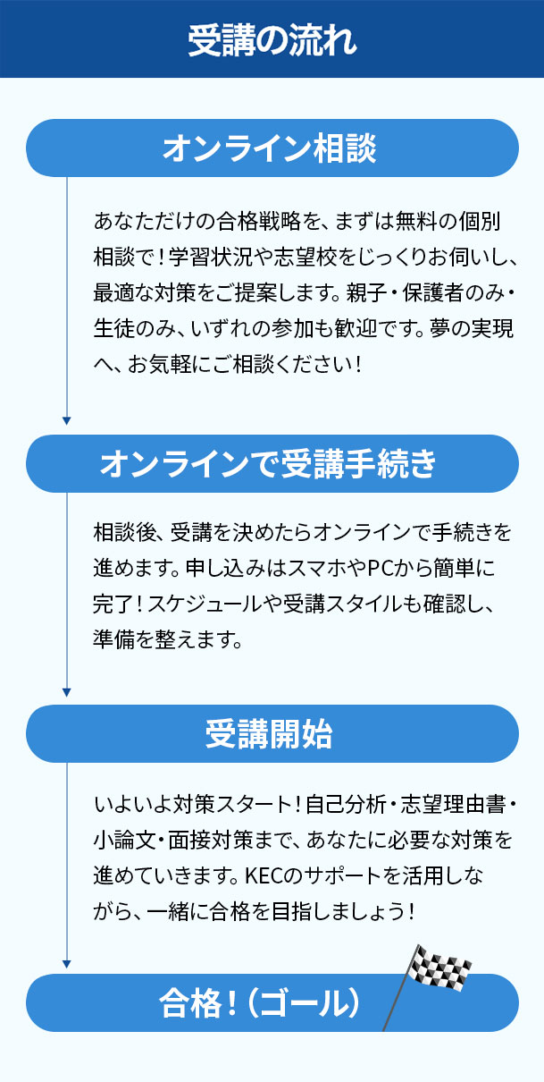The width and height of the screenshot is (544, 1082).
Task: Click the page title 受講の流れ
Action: click(272, 40)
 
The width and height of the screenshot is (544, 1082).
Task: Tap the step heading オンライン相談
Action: click(270, 148)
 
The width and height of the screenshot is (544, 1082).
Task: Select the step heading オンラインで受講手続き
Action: click(268, 463)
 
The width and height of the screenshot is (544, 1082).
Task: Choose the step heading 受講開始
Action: click(270, 734)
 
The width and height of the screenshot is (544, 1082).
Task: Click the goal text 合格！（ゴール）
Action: click(260, 1002)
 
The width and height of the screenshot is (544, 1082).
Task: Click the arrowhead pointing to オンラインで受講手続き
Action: click(67, 420)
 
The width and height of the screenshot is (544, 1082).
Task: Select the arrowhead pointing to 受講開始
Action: click(67, 692)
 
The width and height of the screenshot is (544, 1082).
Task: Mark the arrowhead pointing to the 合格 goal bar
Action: click(67, 964)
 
